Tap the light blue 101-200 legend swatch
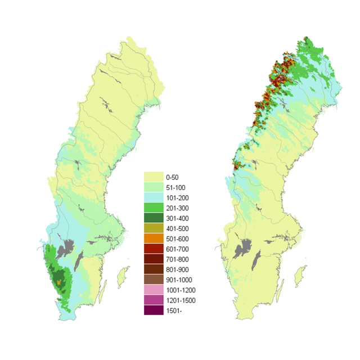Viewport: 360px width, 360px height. (x=154, y=197)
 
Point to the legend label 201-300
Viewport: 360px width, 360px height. (x=177, y=208)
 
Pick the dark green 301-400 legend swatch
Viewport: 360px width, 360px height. (x=154, y=218)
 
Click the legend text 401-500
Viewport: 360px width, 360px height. (x=177, y=228)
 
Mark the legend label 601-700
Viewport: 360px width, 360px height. (x=177, y=249)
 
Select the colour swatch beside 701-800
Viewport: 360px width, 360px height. (x=154, y=259)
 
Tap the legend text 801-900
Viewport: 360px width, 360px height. (x=177, y=269)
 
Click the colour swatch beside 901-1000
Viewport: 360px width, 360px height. (x=154, y=280)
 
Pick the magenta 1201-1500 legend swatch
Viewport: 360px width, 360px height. (x=154, y=300)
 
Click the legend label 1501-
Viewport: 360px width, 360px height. (x=174, y=310)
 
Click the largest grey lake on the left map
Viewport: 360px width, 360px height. (x=70, y=247)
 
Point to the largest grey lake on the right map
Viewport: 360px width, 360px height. (x=246, y=248)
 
